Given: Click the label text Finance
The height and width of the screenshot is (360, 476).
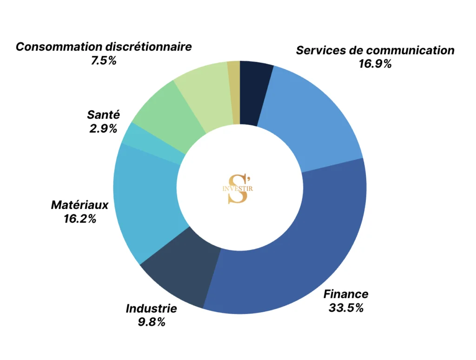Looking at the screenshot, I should [346, 294].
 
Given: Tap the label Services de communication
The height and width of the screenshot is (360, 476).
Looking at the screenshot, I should [375, 50].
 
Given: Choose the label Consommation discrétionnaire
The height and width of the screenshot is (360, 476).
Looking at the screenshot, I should [104, 47].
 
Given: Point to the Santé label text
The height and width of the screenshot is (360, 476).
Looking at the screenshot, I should [103, 115].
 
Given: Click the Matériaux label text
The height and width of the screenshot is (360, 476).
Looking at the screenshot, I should [79, 205].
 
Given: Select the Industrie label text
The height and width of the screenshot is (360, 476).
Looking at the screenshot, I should [151, 308].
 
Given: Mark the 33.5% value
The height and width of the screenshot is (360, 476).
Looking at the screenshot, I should [346, 308].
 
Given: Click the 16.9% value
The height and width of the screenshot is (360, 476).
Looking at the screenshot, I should [375, 64].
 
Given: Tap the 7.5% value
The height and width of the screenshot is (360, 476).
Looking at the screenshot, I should [104, 61].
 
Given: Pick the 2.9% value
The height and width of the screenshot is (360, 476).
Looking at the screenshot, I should [103, 129].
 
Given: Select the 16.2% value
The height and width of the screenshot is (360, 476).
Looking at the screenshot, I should [80, 219].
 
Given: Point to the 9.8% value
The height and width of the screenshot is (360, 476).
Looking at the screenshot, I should [151, 322].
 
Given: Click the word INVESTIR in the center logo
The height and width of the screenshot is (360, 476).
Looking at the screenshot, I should [238, 189].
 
